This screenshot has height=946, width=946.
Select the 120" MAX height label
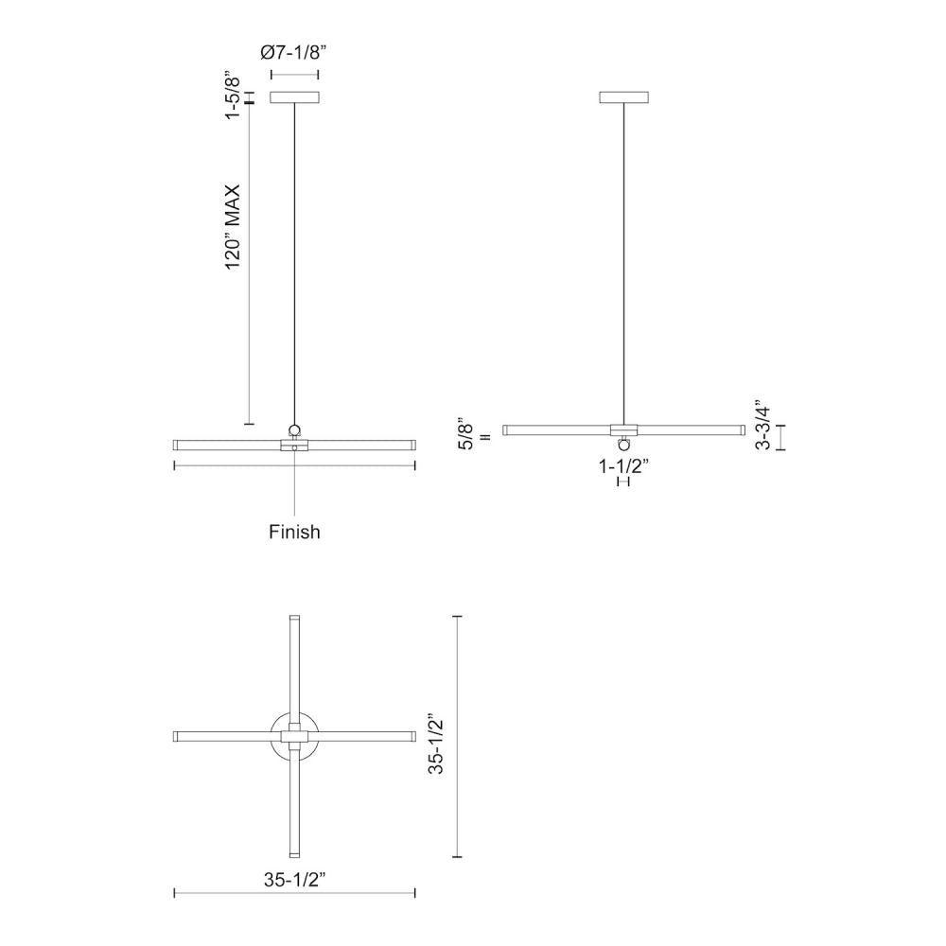pos(234,227)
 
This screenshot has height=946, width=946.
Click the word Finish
pos(294,533)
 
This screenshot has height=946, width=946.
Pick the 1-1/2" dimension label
pos(622,464)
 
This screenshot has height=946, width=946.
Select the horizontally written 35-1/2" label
pos(294,878)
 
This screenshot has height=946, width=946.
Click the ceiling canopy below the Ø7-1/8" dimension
pos(294,97)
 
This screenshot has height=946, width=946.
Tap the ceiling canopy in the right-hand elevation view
pos(624,97)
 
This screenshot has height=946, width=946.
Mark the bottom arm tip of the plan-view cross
pos(294,853)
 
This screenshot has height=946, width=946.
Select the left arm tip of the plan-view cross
pos(178,736)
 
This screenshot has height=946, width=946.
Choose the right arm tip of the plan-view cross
pos(412,736)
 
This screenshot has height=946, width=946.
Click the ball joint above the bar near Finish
pos(294,429)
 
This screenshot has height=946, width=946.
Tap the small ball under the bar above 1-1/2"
pos(623,444)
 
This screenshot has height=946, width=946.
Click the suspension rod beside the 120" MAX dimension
pos(294,265)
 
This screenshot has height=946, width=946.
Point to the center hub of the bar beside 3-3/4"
pos(623,429)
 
